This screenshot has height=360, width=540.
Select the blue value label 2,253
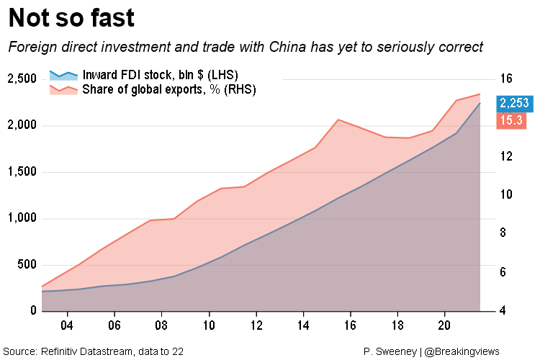(514, 103)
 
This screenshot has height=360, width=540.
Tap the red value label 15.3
(510, 121)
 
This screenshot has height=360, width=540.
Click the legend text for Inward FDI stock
(160, 75)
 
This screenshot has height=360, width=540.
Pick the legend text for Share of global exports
(169, 89)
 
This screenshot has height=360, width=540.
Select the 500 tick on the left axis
(24, 265)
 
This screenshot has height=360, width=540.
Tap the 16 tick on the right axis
(505, 78)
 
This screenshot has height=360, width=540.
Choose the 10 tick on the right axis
(505, 195)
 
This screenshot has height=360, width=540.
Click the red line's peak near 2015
(338, 120)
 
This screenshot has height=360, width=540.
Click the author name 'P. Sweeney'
(390, 351)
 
